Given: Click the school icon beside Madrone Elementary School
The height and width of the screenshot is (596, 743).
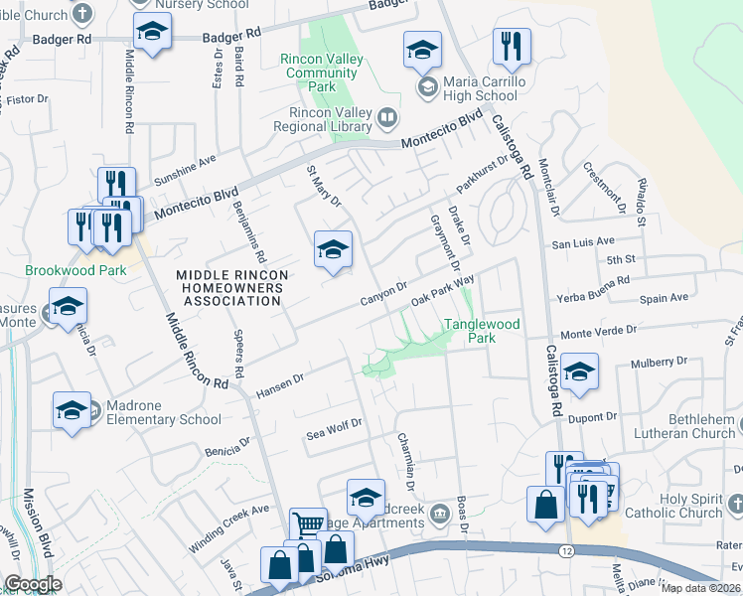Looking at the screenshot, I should [73, 411].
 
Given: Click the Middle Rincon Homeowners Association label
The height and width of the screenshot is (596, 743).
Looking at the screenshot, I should [232, 287].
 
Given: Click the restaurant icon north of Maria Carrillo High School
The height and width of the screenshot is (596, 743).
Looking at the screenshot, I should [512, 47].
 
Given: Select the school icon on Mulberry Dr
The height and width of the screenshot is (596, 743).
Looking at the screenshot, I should [579, 372].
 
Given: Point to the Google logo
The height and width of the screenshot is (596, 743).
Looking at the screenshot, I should [33, 584].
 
